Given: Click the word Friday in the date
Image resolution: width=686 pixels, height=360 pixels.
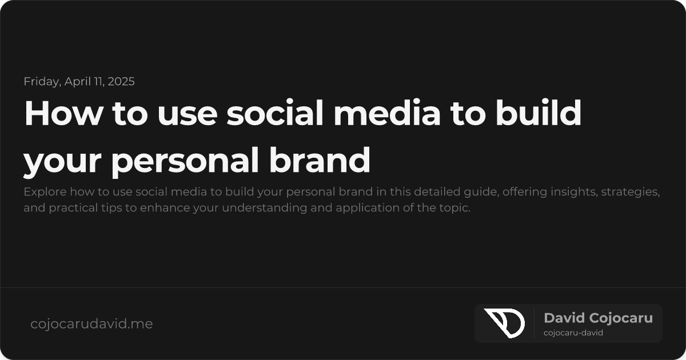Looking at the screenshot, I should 42,81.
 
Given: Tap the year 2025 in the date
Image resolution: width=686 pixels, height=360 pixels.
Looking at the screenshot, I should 121,81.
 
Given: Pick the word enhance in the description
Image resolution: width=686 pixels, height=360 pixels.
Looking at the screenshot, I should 161,207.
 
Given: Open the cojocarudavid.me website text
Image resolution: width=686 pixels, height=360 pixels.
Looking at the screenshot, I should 91,324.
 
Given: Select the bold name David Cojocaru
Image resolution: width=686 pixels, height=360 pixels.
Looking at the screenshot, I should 598,318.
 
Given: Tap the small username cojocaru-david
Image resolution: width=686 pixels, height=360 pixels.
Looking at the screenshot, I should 573,333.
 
